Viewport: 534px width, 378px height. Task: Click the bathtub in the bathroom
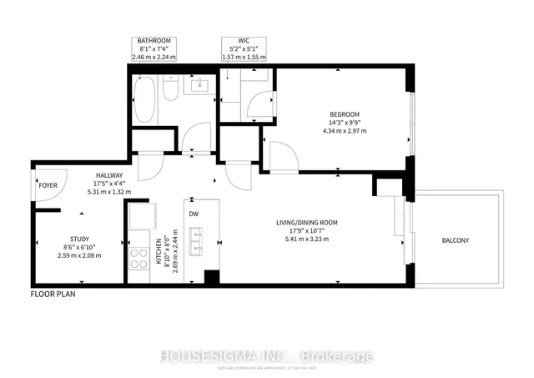[x=143, y=100]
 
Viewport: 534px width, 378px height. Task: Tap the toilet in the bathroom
[x=169, y=89]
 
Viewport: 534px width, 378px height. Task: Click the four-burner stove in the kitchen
[x=138, y=256]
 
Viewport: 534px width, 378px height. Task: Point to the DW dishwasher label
[x=193, y=214]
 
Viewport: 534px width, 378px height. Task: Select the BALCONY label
[x=456, y=241]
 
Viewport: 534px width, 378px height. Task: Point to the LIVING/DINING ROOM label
[x=308, y=223]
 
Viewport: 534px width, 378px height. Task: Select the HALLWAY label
[x=109, y=174]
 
